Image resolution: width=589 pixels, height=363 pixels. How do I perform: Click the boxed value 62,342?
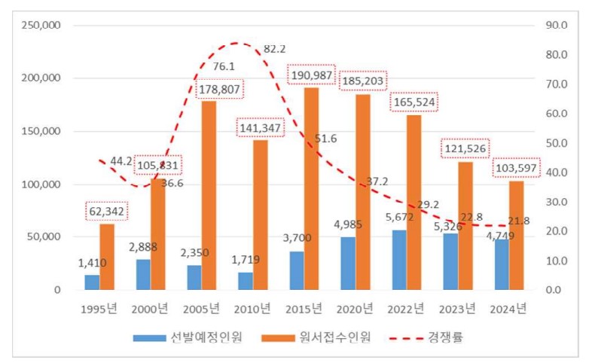(105, 211)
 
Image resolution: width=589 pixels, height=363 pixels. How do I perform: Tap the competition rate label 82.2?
(275, 49)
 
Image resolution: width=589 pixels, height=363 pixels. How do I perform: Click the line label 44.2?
(121, 161)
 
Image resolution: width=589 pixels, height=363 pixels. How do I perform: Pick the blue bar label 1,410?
(93, 263)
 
